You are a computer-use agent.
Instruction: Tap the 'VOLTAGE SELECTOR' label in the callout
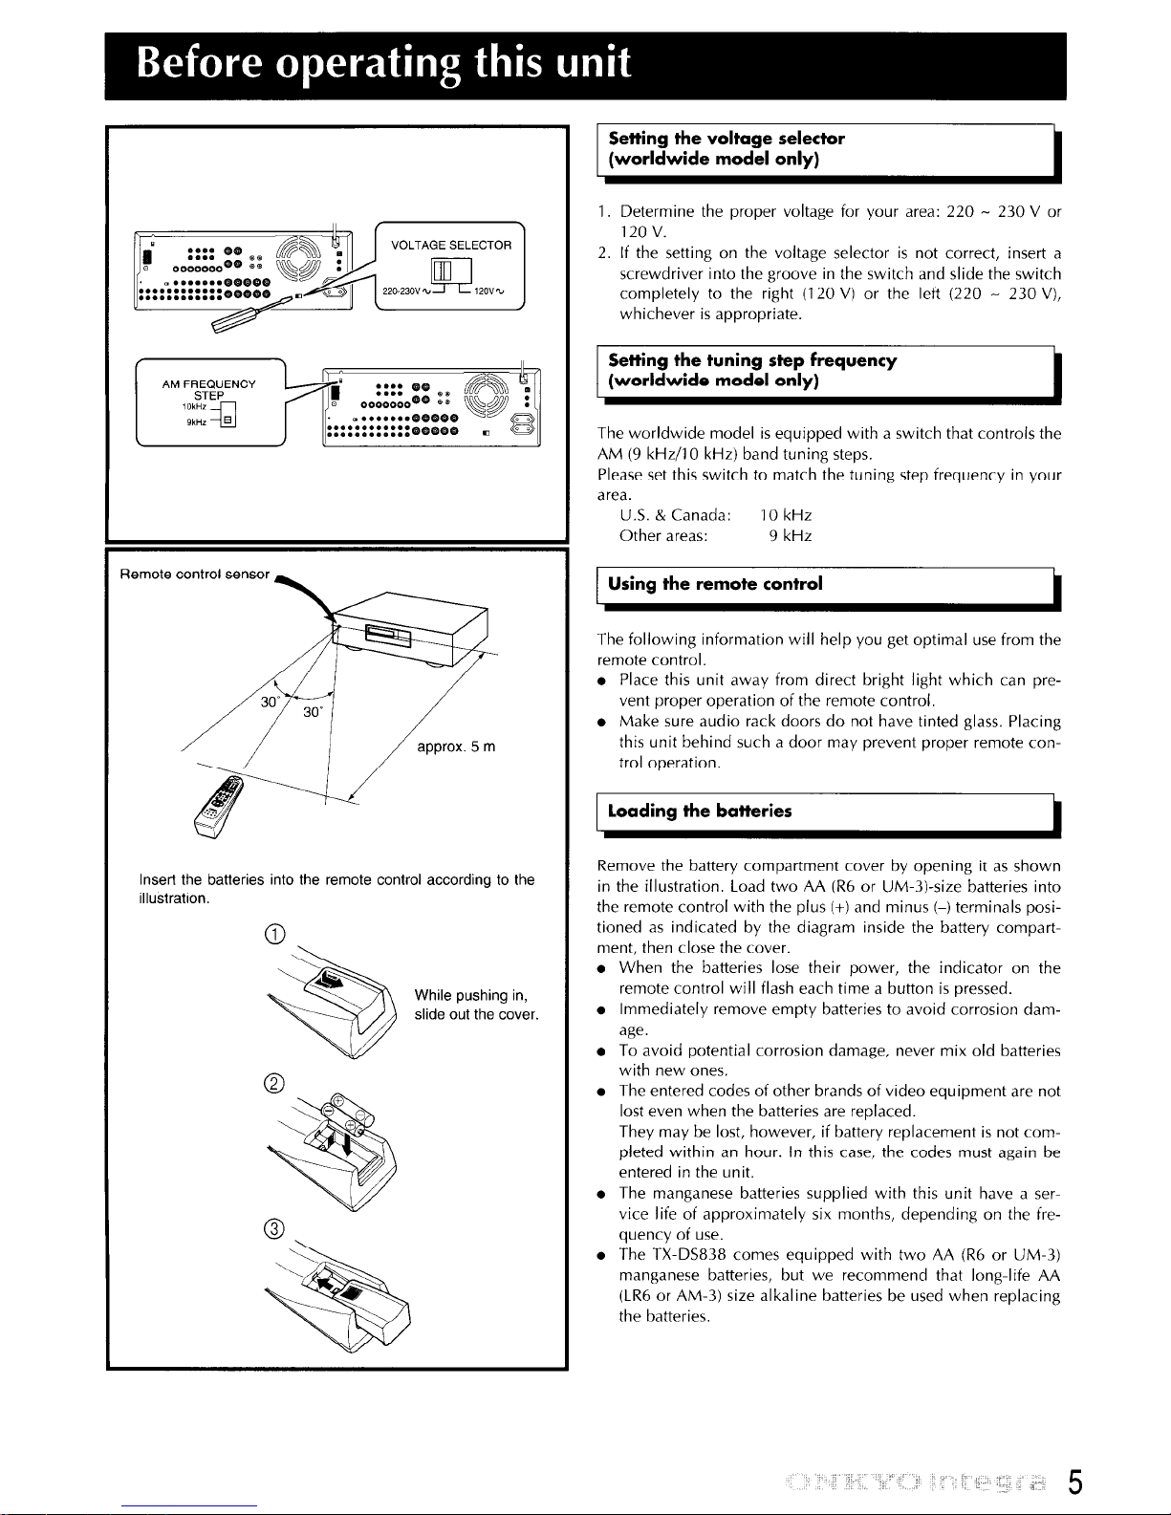(x=452, y=245)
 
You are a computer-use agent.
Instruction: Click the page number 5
(x=1076, y=1483)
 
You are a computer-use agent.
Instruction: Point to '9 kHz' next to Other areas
(x=791, y=536)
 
